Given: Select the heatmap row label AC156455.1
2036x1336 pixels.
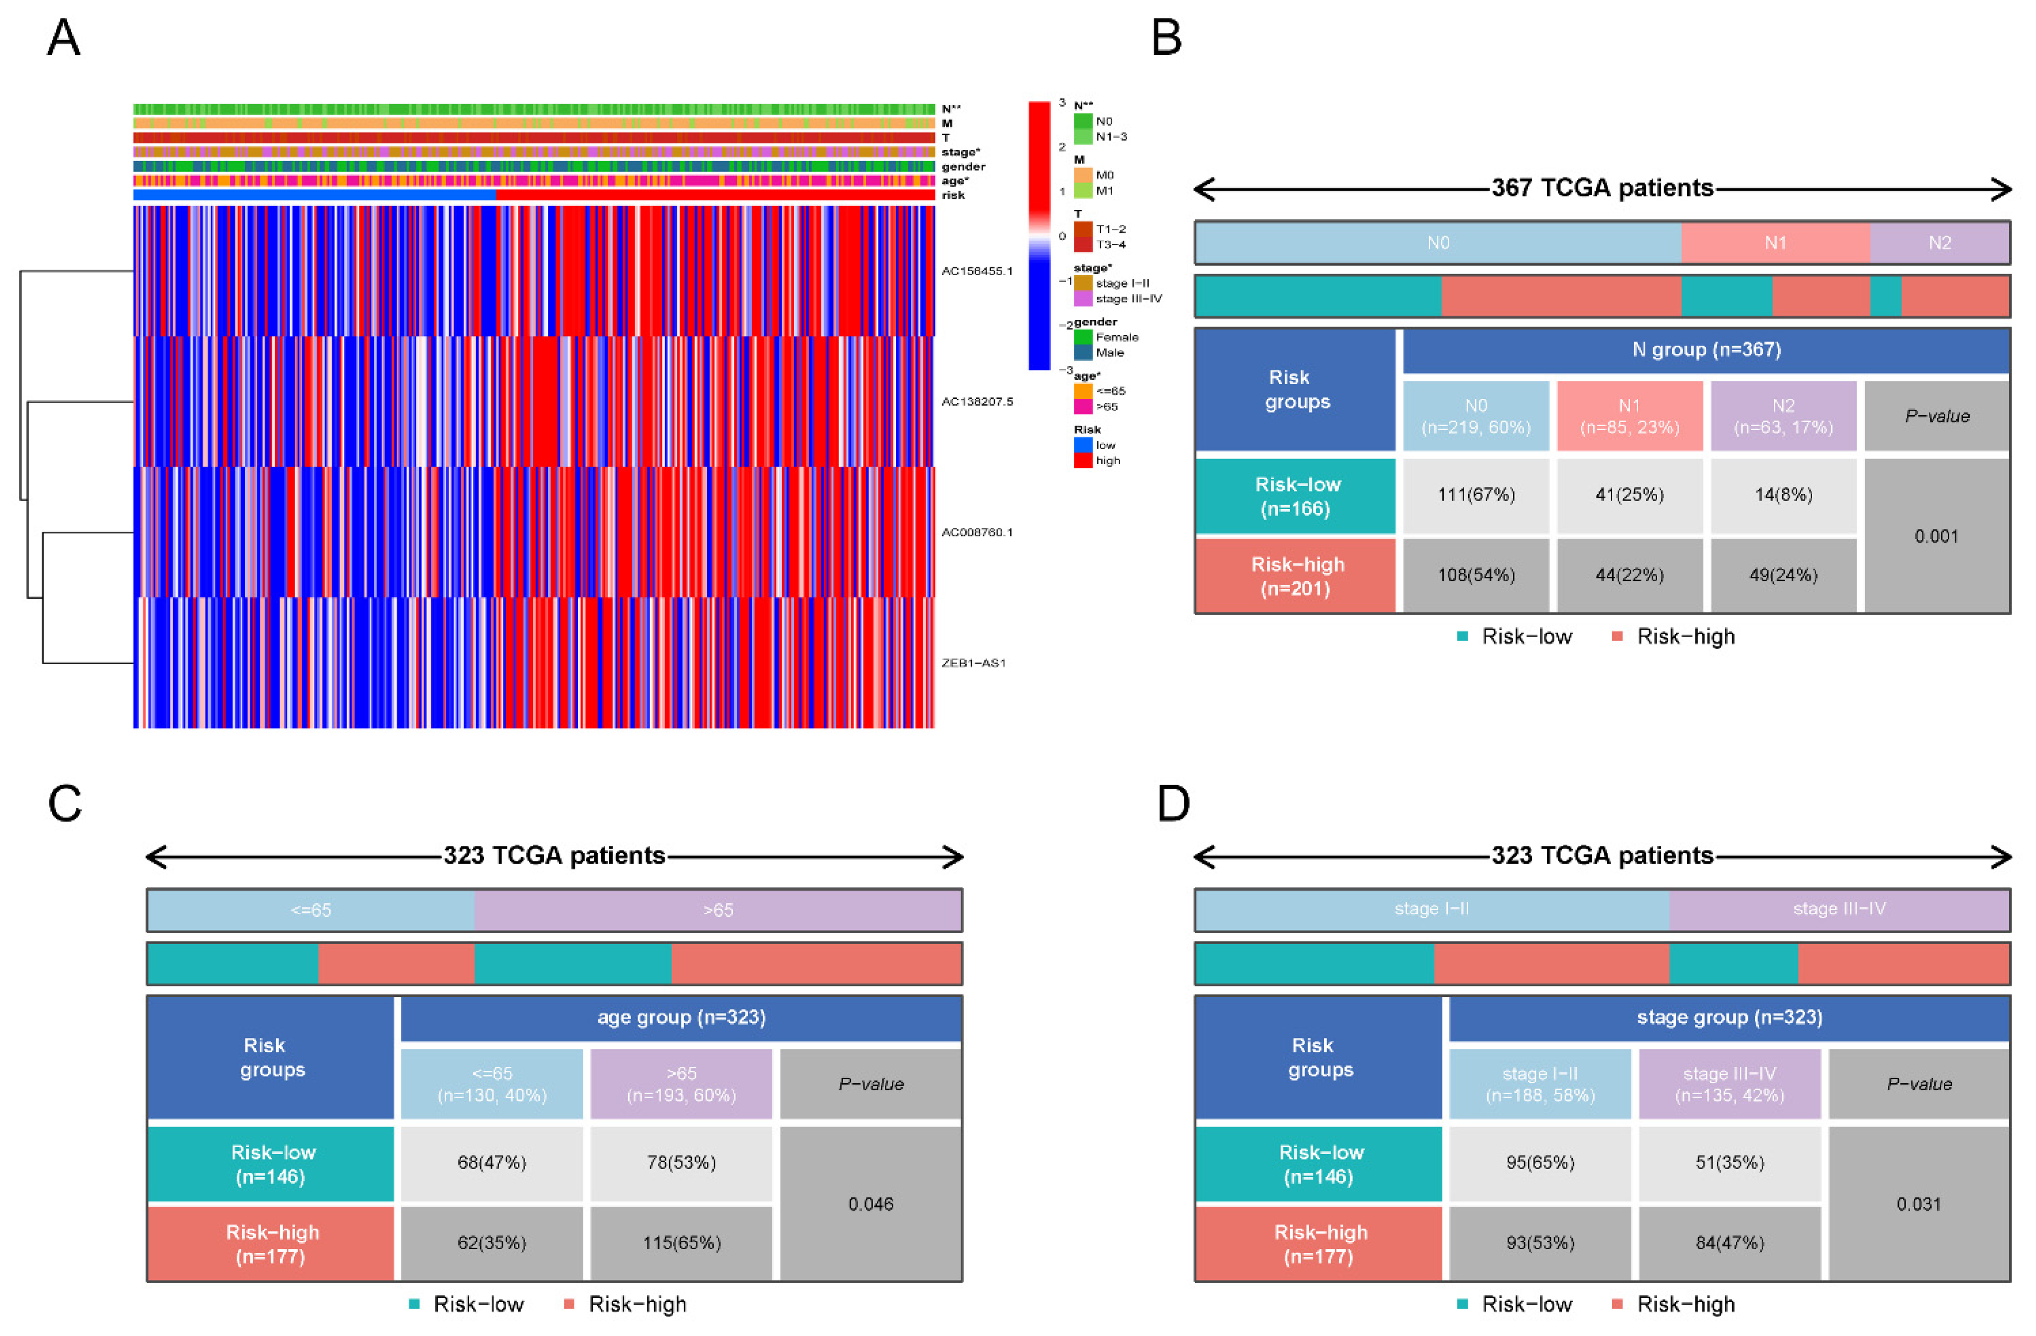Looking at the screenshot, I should click(976, 271).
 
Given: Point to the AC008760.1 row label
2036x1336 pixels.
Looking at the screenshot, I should click(976, 532).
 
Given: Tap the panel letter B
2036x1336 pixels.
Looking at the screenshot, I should click(1167, 38).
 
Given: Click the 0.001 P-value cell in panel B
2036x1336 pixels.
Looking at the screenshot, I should click(1936, 536).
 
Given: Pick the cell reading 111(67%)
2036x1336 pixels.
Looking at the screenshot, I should click(1476, 495).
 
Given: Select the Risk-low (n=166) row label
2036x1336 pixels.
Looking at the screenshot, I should click(1296, 496).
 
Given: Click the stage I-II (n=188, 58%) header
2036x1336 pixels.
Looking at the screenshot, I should click(1540, 1084).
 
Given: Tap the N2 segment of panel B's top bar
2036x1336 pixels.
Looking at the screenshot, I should click(1939, 243).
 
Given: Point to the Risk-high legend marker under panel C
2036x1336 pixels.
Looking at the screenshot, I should click(569, 1305).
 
